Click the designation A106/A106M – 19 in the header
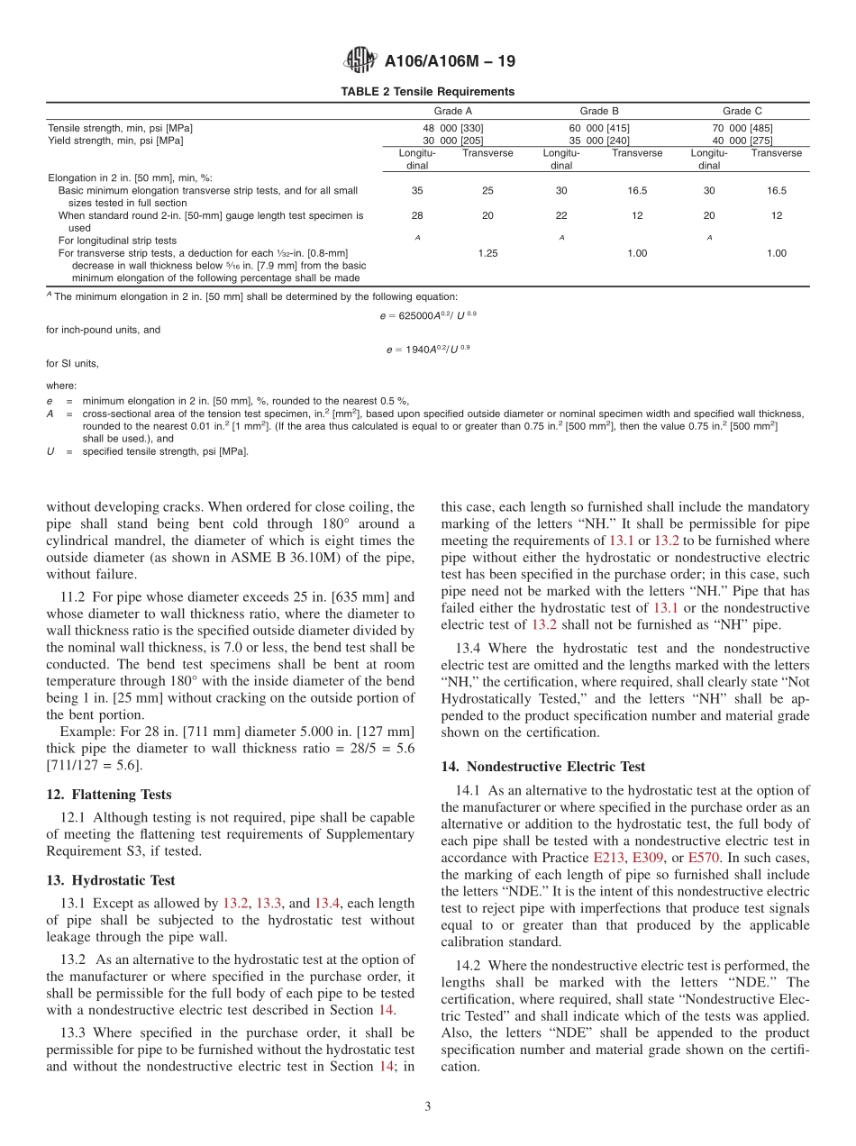pyautogui.click(x=450, y=62)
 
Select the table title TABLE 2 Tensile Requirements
pyautogui.click(x=427, y=92)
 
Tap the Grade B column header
pyautogui.click(x=599, y=111)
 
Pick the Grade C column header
pyautogui.click(x=742, y=111)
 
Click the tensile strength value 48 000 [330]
pyautogui.click(x=453, y=128)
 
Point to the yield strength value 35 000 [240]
pyautogui.click(x=599, y=141)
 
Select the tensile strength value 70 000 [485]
pyautogui.click(x=742, y=128)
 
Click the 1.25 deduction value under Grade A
pyautogui.click(x=487, y=253)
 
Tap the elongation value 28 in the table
pyautogui.click(x=417, y=215)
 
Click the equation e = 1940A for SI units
pyautogui.click(x=427, y=349)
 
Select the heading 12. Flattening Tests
pyautogui.click(x=108, y=795)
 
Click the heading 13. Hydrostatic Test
pyautogui.click(x=110, y=880)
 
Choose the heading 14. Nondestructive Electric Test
pyautogui.click(x=542, y=767)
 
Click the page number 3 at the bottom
pyautogui.click(x=427, y=1106)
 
